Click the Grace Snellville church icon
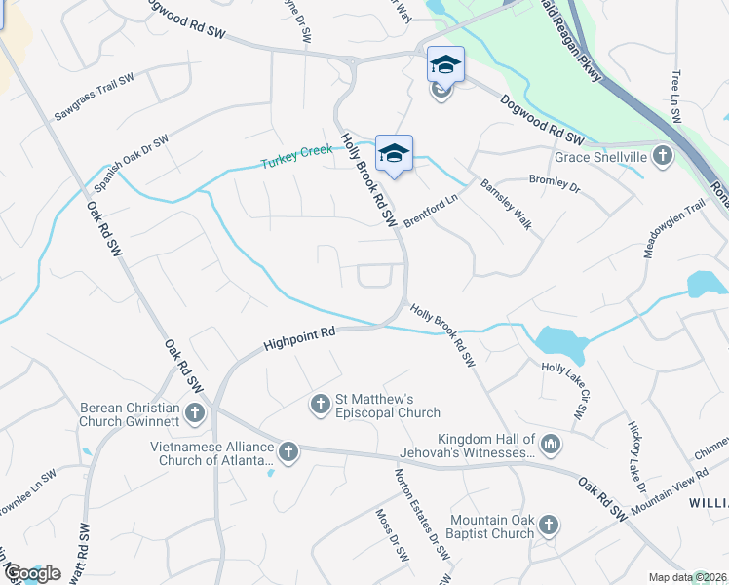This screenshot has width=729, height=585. coord(662,156)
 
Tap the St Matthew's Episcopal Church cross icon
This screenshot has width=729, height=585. coord(320,404)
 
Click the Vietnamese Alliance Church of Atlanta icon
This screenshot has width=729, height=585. coord(288,451)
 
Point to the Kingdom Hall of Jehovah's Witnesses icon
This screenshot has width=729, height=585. coord(551,446)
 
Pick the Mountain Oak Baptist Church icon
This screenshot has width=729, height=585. coord(549,526)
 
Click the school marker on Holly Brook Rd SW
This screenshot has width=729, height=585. coord(394,153)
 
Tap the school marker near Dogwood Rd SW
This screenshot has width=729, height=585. coord(445,65)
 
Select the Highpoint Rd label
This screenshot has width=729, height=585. coord(299,339)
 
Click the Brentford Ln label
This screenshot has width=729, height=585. coord(431,210)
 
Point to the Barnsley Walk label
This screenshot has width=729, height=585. coord(506,204)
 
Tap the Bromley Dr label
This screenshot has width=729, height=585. coord(554,182)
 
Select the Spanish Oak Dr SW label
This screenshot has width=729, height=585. coord(131,163)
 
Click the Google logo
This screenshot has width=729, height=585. coord(32,573)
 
